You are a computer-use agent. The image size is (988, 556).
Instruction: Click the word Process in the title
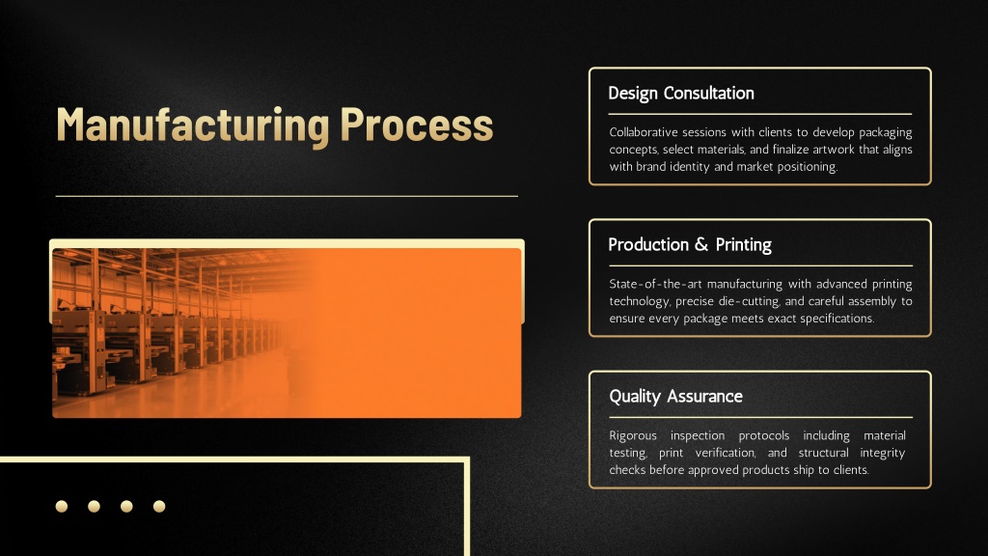click(x=417, y=125)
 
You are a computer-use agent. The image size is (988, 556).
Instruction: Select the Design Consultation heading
click(x=681, y=94)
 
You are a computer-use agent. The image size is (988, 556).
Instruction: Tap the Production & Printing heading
click(x=690, y=244)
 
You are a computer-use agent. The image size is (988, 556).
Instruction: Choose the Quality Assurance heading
click(x=675, y=397)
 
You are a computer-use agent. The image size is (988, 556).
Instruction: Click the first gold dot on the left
click(x=62, y=506)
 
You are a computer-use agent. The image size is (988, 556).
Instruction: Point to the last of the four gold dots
click(x=159, y=506)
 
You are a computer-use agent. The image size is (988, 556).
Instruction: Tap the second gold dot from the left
click(x=94, y=506)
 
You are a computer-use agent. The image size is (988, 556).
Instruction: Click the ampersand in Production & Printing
click(x=702, y=244)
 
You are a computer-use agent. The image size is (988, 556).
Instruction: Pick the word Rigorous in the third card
click(x=633, y=436)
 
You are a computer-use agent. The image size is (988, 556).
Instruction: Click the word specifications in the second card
click(x=837, y=319)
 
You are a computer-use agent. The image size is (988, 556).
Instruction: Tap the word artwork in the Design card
click(x=828, y=150)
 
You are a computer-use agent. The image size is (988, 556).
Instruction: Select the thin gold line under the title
click(x=287, y=196)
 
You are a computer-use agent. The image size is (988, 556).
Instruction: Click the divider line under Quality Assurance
click(x=760, y=417)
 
